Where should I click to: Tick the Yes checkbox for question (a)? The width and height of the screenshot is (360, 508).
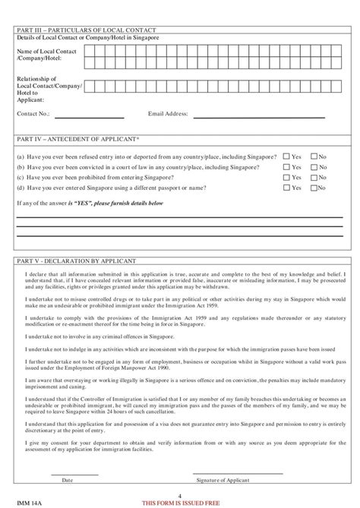point(286,156)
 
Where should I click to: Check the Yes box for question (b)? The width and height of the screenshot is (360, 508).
point(286,166)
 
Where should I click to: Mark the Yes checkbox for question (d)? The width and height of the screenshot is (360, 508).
point(286,187)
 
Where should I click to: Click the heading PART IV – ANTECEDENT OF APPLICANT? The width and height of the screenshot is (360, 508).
point(68,140)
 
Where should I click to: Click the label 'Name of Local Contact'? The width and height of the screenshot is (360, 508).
point(44,51)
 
